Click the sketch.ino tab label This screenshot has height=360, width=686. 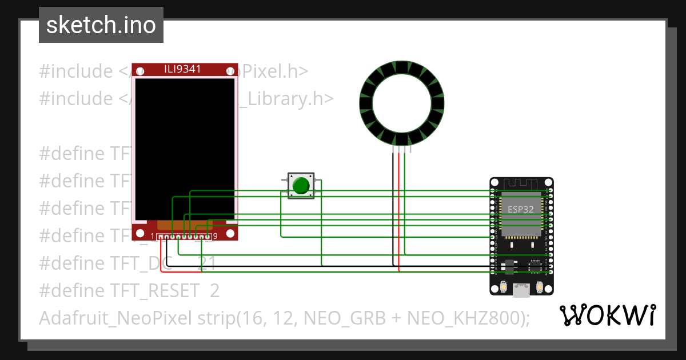click(x=101, y=25)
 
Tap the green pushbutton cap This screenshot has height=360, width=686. click(x=301, y=186)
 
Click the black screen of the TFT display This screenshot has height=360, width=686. click(x=185, y=149)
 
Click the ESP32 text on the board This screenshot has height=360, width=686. click(x=520, y=209)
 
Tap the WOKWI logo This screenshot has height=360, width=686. click(x=607, y=315)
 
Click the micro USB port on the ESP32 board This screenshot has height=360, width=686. click(x=521, y=290)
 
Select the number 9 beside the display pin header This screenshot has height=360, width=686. click(x=215, y=237)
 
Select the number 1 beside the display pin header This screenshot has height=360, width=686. click(x=153, y=237)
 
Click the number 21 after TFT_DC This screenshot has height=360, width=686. click(x=206, y=263)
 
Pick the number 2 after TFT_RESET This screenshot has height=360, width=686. click(x=214, y=291)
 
